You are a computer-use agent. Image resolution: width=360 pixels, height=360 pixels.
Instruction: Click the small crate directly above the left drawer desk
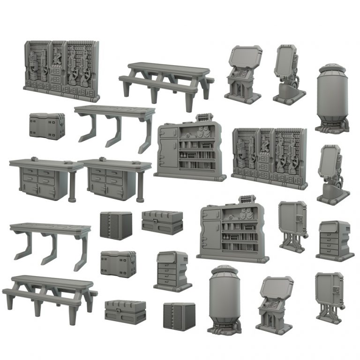tap(46, 126)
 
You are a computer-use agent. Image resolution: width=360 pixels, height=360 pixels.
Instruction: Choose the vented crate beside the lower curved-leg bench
tap(116, 225)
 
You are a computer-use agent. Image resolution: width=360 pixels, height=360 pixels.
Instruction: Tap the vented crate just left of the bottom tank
tap(179, 316)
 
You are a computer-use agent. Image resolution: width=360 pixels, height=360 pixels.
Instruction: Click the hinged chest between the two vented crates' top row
tap(162, 222)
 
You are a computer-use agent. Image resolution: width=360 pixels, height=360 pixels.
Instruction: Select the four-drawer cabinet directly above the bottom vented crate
tap(172, 271)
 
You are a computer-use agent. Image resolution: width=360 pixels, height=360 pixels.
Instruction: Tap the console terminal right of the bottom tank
tap(274, 303)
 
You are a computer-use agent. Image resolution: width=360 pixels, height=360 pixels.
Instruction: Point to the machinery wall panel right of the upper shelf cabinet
tap(270, 157)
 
